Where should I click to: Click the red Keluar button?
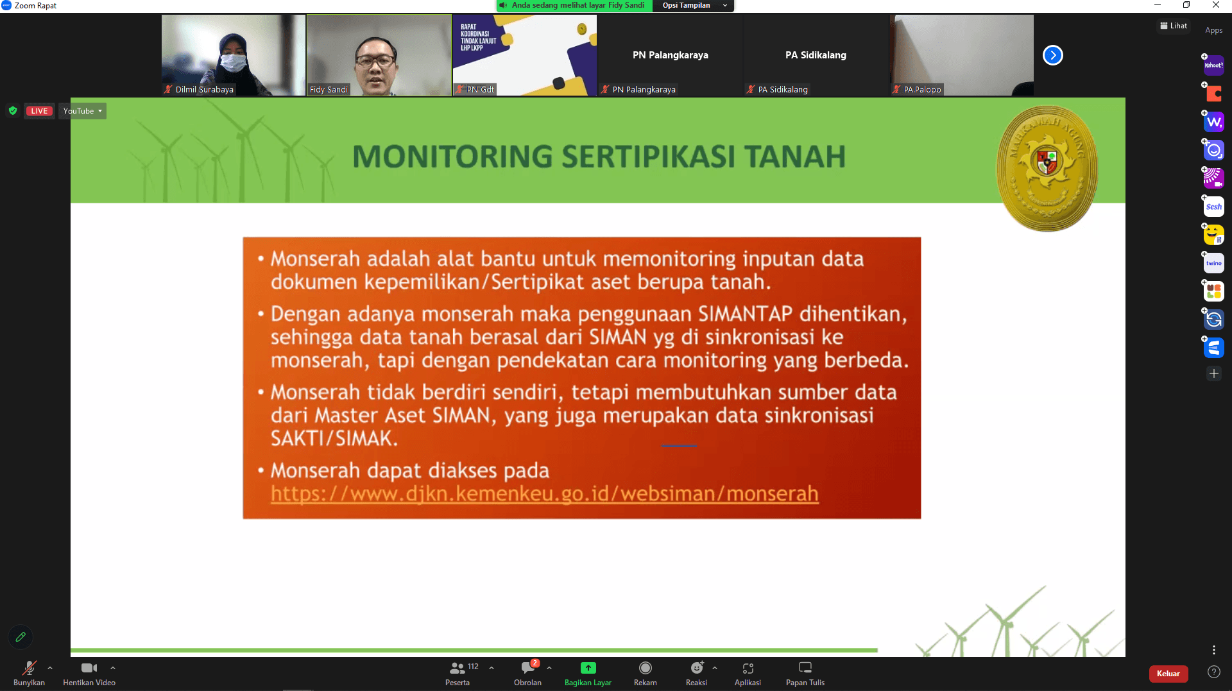pyautogui.click(x=1168, y=673)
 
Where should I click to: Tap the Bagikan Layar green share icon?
pyautogui.click(x=588, y=668)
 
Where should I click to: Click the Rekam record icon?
pyautogui.click(x=645, y=668)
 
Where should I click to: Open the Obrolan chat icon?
pyautogui.click(x=528, y=667)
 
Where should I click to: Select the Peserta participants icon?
pyautogui.click(x=457, y=668)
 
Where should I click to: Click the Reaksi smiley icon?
pyautogui.click(x=696, y=668)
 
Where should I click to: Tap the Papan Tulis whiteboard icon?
pyautogui.click(x=805, y=668)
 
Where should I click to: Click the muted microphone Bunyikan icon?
pyautogui.click(x=29, y=668)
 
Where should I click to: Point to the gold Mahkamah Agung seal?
pyautogui.click(x=1047, y=168)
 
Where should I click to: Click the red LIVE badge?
pyautogui.click(x=39, y=111)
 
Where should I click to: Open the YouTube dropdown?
pyautogui.click(x=82, y=111)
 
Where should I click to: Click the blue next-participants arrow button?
pyautogui.click(x=1052, y=55)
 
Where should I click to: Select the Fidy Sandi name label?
pyautogui.click(x=329, y=89)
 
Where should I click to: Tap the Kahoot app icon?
pyautogui.click(x=1213, y=65)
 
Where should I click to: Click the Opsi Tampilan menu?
pyautogui.click(x=693, y=6)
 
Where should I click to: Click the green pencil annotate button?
pyautogui.click(x=21, y=636)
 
